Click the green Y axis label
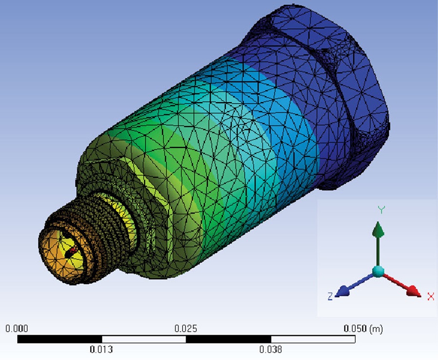[x=381, y=210]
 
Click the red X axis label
[x=431, y=296]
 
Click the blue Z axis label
[x=330, y=296]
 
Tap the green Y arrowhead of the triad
[x=378, y=230]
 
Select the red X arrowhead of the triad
[x=414, y=291]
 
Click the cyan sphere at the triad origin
[x=378, y=271]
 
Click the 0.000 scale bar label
[x=17, y=328]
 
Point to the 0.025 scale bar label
[x=186, y=328]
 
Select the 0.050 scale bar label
[x=355, y=328]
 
